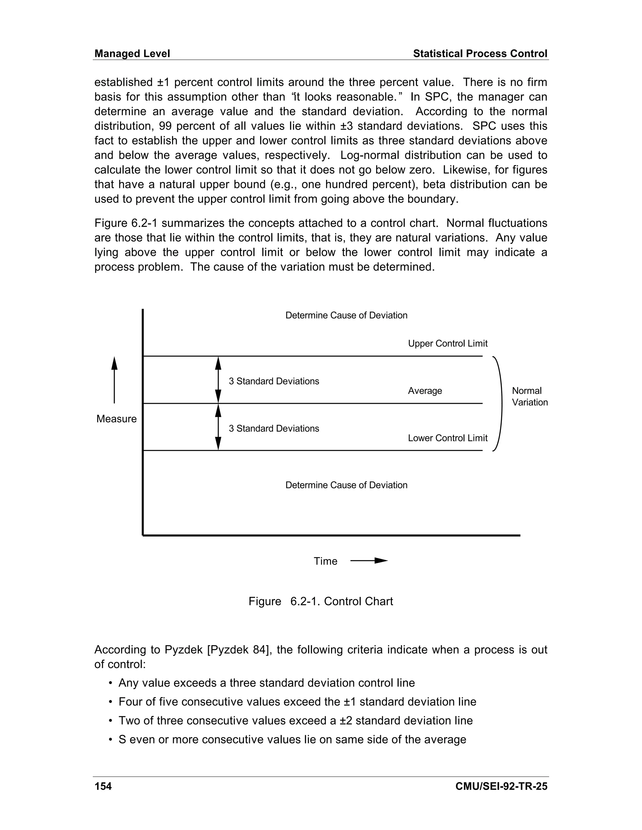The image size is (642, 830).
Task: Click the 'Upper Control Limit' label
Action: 447,344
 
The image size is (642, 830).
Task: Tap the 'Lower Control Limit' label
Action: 447,438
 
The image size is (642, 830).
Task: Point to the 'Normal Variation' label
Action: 529,397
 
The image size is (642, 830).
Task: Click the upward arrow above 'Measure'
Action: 114,380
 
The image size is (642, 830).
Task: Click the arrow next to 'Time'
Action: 369,561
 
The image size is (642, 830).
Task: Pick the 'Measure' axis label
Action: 116,419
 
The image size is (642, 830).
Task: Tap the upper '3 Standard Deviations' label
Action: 274,381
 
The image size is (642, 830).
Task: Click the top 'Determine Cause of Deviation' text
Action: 346,315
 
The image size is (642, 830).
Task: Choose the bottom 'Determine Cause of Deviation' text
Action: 346,485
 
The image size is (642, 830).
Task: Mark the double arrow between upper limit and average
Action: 218,380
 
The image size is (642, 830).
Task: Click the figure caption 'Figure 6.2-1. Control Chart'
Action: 321,601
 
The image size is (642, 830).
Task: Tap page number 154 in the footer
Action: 103,786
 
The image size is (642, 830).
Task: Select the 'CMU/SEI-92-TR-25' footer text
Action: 501,786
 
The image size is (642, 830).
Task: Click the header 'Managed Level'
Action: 132,54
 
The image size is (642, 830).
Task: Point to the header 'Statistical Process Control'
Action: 480,54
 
